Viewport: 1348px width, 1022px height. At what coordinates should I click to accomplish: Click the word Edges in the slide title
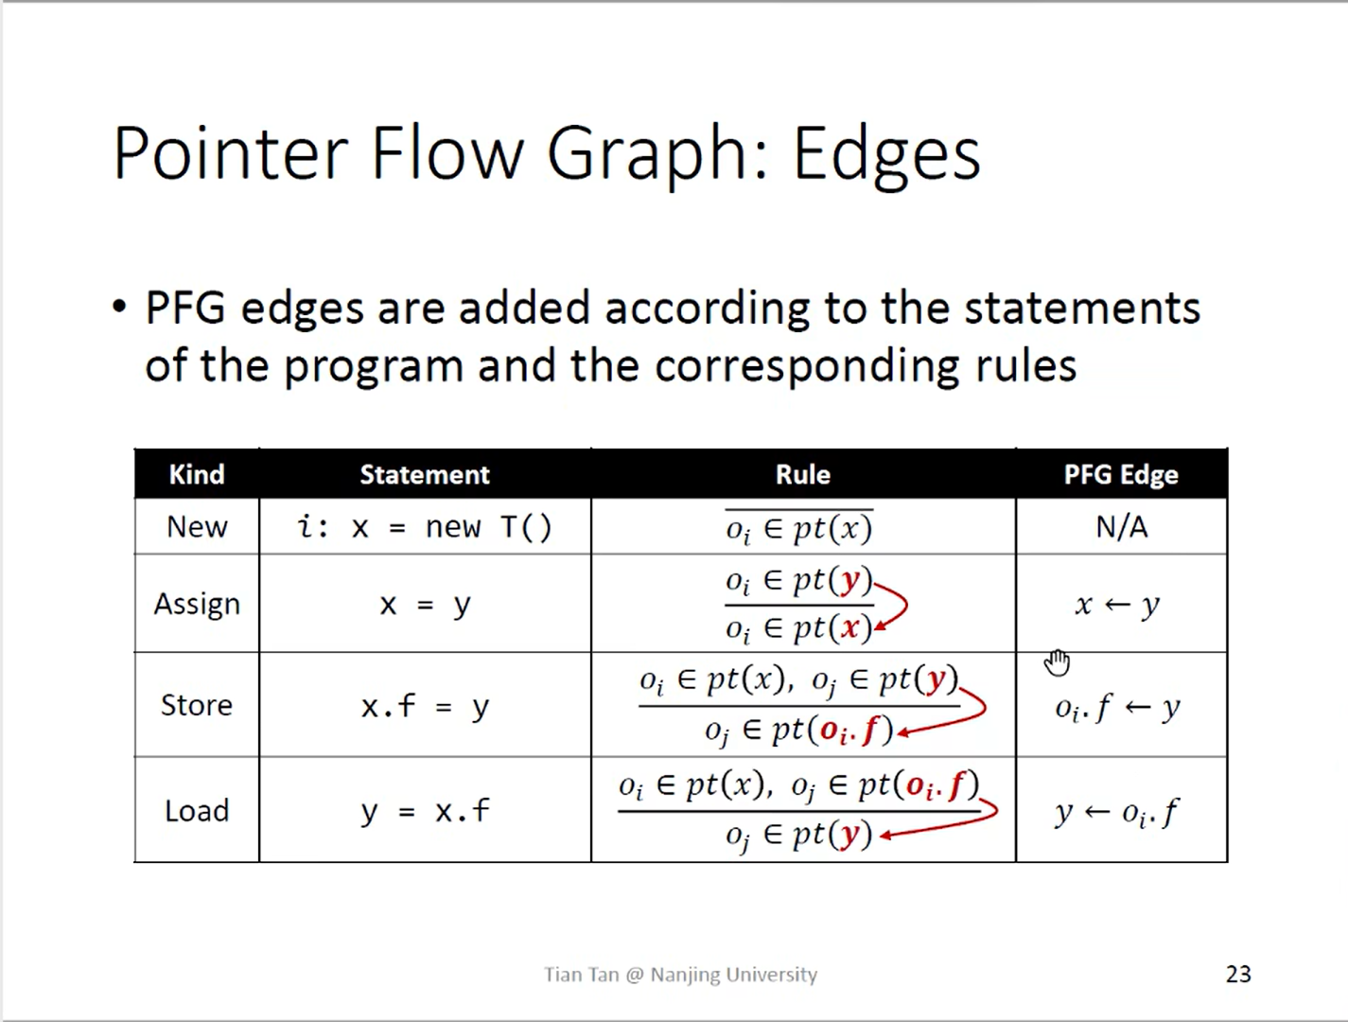click(886, 153)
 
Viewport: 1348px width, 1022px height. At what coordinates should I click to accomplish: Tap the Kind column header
click(197, 474)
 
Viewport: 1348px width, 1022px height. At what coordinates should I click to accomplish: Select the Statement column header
click(425, 474)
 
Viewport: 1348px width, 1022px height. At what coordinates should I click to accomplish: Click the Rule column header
click(803, 474)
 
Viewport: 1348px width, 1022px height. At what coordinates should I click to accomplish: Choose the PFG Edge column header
click(1121, 474)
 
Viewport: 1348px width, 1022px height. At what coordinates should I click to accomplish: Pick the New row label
click(197, 527)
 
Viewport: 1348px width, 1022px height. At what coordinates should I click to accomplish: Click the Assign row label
click(197, 604)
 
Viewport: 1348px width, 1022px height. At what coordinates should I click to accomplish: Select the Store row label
click(197, 705)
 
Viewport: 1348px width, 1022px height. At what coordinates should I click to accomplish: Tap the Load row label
click(197, 811)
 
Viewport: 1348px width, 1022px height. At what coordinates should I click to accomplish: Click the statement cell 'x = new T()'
click(425, 527)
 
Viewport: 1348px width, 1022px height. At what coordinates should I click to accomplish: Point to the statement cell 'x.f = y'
click(425, 706)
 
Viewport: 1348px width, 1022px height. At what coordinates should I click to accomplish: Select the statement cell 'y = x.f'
click(425, 811)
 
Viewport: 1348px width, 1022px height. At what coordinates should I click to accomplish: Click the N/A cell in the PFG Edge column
click(1121, 527)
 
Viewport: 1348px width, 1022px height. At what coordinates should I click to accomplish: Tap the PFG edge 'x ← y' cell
click(1117, 605)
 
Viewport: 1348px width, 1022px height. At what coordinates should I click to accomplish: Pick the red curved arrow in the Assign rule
click(896, 605)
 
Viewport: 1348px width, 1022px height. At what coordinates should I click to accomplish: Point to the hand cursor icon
click(1057, 662)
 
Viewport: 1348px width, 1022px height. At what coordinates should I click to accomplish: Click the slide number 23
click(1238, 974)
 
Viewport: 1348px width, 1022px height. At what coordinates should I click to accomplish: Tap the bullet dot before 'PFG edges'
click(119, 308)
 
